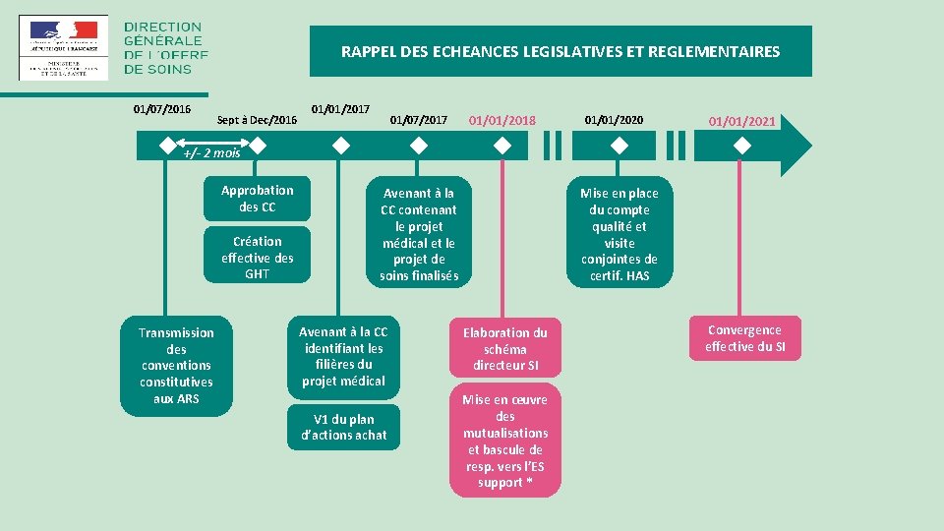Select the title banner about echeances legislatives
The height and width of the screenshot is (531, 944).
[x=560, y=51]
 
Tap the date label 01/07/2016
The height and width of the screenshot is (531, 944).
[x=162, y=109]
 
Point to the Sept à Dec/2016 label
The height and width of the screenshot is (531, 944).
[x=257, y=120]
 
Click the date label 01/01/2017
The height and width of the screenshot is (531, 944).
[x=340, y=106]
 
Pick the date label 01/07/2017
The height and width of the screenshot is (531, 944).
[x=419, y=120]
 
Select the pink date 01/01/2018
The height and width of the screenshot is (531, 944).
[x=502, y=120]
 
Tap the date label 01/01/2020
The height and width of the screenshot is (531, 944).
[x=614, y=120]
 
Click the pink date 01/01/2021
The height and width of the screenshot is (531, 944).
[x=742, y=122]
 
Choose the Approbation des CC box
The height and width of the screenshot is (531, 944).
[x=257, y=199]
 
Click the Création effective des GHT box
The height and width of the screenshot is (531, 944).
[x=257, y=257]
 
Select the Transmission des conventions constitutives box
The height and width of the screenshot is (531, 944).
[x=176, y=365]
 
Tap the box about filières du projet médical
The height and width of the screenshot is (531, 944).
[x=343, y=356]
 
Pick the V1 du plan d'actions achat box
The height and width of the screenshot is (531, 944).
[x=343, y=427]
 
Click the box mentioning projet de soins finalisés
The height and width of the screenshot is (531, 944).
[x=419, y=234]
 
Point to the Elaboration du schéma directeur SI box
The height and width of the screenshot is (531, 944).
[x=505, y=348]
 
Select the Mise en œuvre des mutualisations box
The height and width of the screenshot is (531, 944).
[x=505, y=441]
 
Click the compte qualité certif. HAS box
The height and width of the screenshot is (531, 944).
[x=619, y=234]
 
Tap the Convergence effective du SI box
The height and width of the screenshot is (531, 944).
[x=744, y=338]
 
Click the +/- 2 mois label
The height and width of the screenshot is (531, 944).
[x=211, y=152]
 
